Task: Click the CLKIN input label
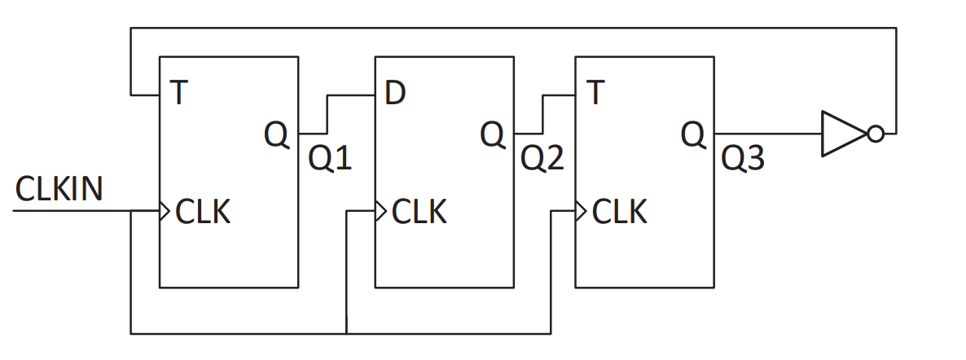(x=59, y=189)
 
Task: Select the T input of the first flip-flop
(x=178, y=94)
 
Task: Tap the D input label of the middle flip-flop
(x=395, y=94)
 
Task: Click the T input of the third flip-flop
(x=595, y=94)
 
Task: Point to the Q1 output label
(x=330, y=159)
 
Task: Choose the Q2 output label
(x=542, y=159)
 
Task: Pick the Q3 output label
(x=744, y=159)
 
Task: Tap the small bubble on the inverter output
(x=875, y=134)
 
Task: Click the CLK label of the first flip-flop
(x=202, y=212)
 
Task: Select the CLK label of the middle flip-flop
(x=419, y=212)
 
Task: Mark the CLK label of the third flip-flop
(x=619, y=212)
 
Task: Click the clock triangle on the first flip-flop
(x=165, y=212)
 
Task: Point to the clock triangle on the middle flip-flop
(x=380, y=212)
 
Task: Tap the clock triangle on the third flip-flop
(x=581, y=212)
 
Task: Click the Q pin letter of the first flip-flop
(x=277, y=134)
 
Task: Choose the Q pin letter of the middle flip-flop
(x=493, y=134)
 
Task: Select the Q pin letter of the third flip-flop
(x=693, y=134)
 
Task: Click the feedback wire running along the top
(x=513, y=28)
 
